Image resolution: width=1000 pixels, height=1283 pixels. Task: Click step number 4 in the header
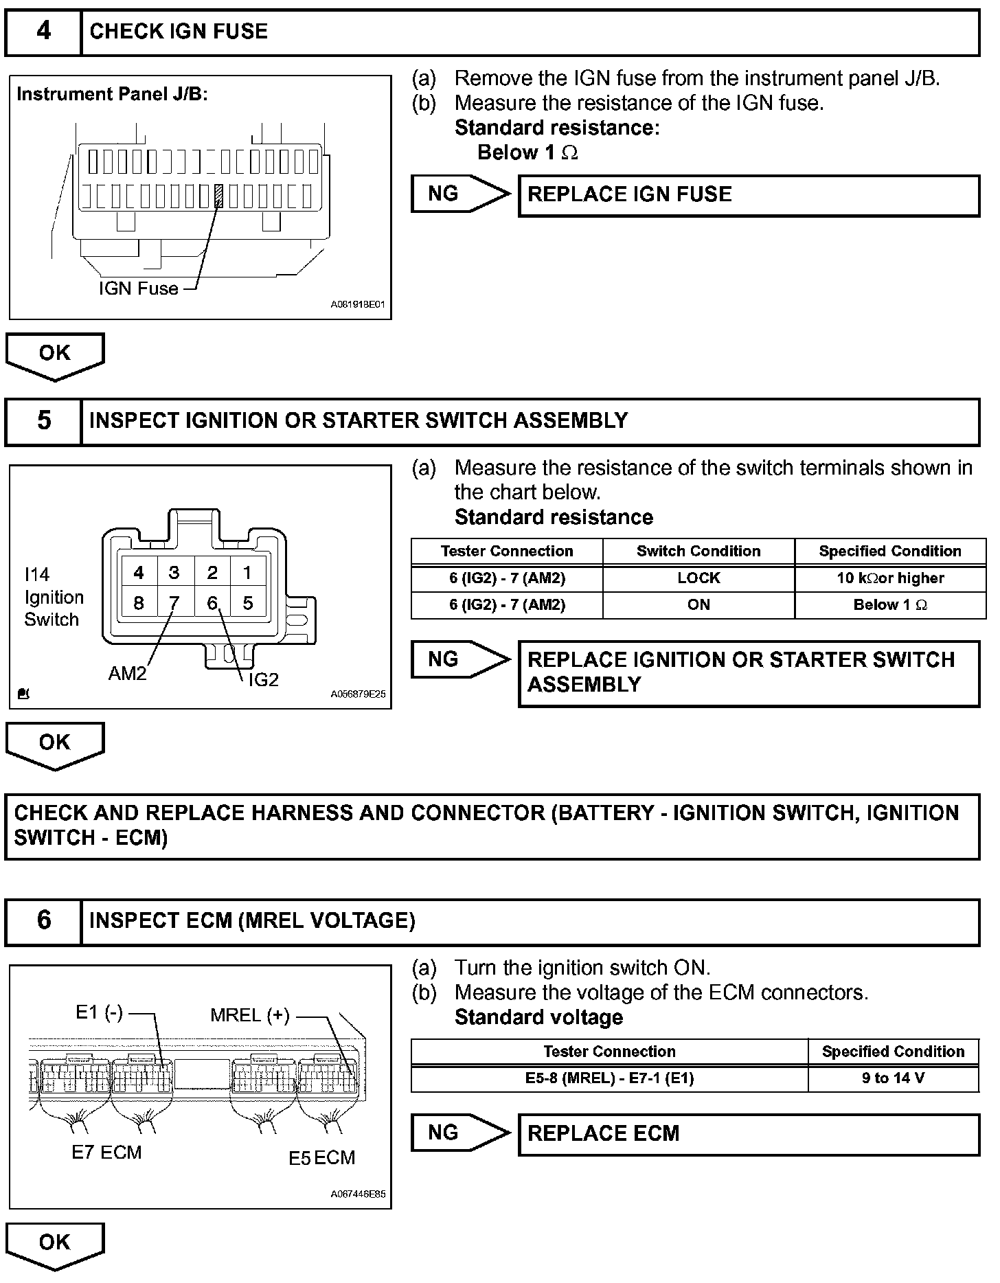43,32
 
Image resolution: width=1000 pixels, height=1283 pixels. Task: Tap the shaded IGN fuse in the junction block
219,196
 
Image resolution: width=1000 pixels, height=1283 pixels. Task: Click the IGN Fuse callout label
138,288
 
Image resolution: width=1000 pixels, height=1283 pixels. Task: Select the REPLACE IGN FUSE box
748,195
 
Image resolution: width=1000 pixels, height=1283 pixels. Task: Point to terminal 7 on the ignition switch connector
174,602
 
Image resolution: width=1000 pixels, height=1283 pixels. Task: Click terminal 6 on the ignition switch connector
212,602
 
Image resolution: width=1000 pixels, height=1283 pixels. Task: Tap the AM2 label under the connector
127,673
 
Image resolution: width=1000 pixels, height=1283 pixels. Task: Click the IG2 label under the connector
263,679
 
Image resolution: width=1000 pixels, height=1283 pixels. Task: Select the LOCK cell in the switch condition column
698,578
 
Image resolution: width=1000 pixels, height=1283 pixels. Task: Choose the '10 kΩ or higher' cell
890,578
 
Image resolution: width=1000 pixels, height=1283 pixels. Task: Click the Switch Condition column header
698,551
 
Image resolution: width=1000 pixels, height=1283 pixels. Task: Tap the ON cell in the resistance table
698,605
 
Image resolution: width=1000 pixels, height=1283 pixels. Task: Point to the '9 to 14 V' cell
893,1078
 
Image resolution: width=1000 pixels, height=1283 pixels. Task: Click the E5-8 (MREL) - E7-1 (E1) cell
609,1078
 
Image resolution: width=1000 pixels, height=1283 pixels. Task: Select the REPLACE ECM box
748,1133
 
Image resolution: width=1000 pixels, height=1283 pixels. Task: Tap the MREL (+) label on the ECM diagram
250,1015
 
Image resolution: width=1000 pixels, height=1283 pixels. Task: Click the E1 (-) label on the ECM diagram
99,1012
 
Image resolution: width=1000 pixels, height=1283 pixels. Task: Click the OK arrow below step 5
55,744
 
